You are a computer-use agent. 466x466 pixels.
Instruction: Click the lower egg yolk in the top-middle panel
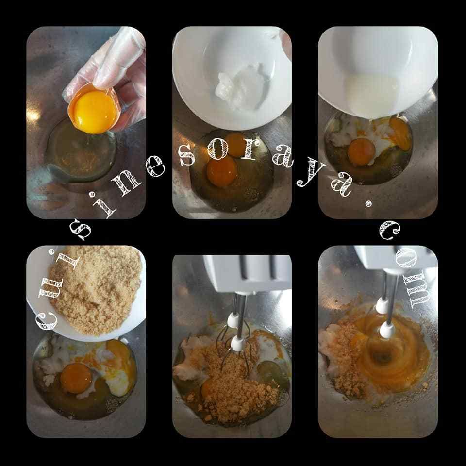click(222, 171)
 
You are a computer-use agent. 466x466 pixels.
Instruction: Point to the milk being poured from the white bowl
click(371, 95)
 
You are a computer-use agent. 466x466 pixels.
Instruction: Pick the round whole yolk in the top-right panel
click(361, 151)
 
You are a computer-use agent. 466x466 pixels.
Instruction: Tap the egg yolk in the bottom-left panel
click(76, 378)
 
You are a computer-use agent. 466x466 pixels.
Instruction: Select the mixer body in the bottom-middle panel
click(247, 273)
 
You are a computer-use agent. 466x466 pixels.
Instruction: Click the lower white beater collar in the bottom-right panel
click(387, 330)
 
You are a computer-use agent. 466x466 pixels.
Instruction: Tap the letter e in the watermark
click(154, 166)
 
